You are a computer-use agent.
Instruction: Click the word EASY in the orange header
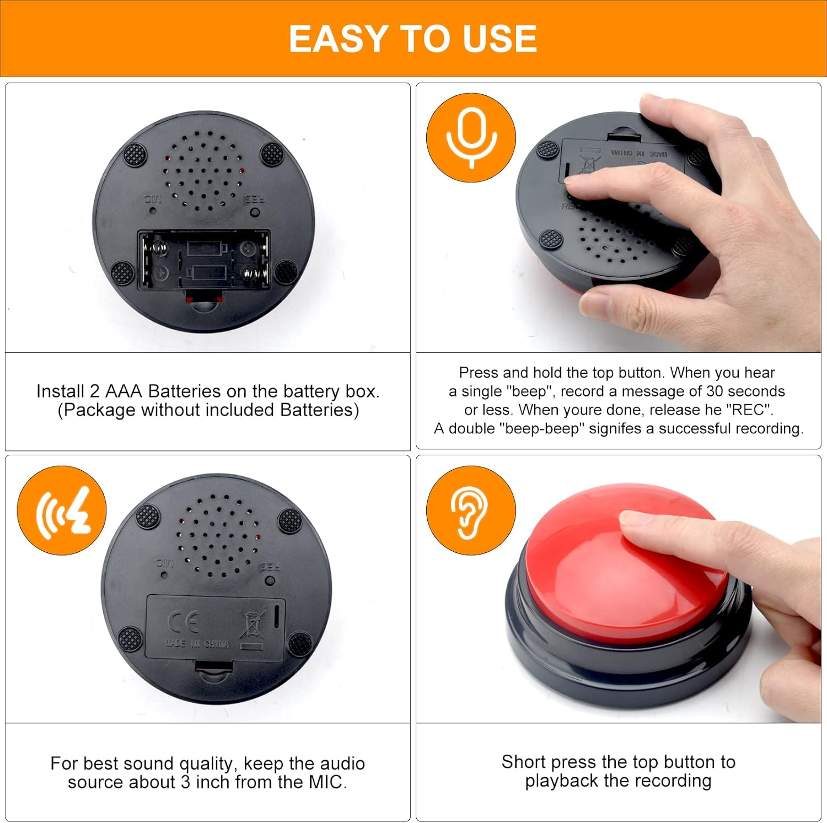[x=338, y=39]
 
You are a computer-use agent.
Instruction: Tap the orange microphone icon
[x=471, y=137]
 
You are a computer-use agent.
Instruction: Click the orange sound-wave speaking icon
[x=62, y=510]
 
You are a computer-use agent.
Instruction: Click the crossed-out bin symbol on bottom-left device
[x=252, y=628]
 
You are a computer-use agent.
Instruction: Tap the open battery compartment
[x=203, y=260]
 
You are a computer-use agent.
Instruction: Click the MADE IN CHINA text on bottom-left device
[x=197, y=644]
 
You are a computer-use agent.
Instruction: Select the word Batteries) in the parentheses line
[x=319, y=410]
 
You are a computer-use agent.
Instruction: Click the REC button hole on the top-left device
[x=255, y=212]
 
